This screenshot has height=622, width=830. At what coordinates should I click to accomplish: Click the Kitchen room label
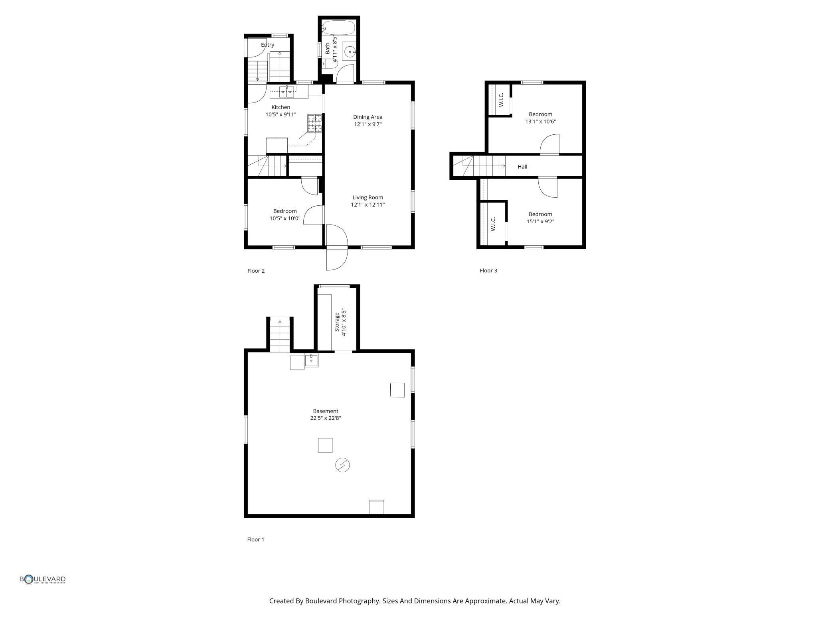pos(281,107)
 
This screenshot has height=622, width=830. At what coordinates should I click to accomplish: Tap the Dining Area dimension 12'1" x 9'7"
pos(368,124)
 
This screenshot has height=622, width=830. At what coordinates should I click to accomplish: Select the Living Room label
pos(368,197)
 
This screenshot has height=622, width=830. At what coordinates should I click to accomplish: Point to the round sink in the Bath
pos(350,52)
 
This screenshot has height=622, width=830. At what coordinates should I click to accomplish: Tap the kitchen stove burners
pos(314,123)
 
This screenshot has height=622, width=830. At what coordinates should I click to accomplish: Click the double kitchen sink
pos(287,92)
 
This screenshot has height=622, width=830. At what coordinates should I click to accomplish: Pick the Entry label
pos(267,45)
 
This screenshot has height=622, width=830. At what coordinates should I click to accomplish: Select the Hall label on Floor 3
pos(522,167)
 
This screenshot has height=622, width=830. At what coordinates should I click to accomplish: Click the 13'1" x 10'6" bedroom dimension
pos(540,122)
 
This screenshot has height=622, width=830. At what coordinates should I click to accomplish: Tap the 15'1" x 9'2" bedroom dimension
pos(540,222)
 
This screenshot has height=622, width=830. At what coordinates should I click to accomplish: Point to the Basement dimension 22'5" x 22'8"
pos(326,418)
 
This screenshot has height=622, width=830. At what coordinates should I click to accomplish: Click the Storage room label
pos(337,322)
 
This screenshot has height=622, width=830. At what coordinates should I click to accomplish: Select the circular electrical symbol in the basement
pos(342,465)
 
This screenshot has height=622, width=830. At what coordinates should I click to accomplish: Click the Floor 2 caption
pos(256,271)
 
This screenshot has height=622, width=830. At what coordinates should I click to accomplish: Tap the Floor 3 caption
pos(488,270)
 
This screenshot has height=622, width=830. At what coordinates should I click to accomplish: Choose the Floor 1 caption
pos(256,539)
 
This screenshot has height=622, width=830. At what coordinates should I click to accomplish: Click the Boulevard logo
pos(43,579)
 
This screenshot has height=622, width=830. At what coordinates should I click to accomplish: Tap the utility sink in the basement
pos(311,360)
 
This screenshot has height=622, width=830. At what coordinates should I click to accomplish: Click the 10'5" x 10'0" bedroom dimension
pos(285,218)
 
